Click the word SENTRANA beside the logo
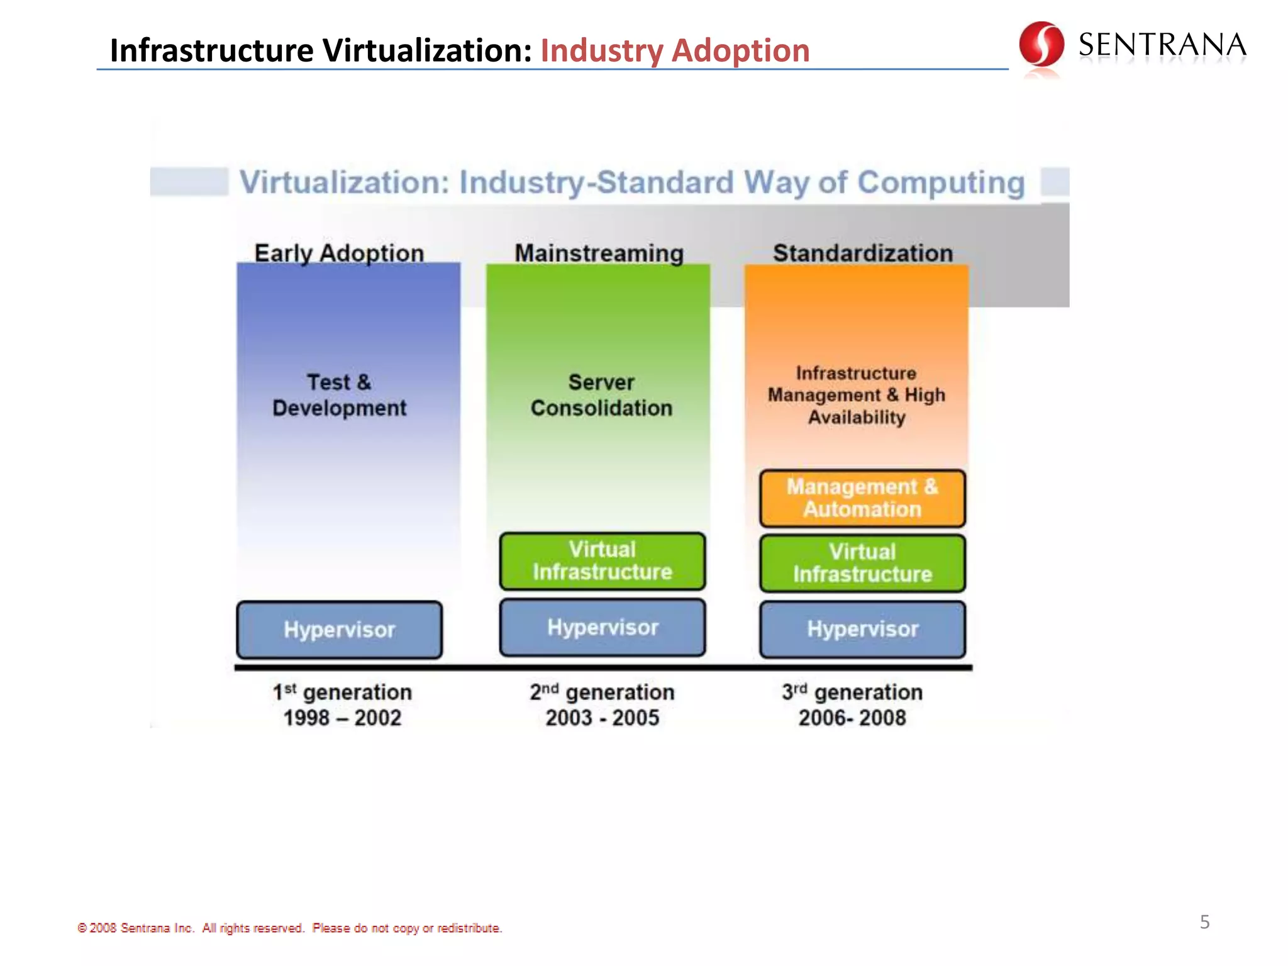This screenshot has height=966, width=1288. (1162, 45)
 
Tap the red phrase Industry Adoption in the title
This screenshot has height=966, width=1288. (675, 50)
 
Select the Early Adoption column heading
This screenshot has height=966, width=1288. (339, 253)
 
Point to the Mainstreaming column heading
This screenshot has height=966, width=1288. (599, 253)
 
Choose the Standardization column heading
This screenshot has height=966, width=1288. (863, 253)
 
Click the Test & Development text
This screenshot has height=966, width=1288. (339, 395)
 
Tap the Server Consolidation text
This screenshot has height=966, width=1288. (601, 395)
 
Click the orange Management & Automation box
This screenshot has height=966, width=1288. (862, 498)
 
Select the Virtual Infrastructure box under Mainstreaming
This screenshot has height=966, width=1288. (602, 561)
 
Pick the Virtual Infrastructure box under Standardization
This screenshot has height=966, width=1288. (862, 563)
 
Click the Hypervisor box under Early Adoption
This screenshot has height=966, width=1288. (339, 630)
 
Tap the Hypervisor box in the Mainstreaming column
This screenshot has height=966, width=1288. (602, 628)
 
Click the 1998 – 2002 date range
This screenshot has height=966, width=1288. (342, 718)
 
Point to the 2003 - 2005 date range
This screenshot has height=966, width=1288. (602, 718)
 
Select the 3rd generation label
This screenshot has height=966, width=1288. (852, 692)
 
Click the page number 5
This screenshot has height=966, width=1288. (1204, 922)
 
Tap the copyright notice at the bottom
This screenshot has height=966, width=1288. (289, 928)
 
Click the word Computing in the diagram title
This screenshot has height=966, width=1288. (941, 183)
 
